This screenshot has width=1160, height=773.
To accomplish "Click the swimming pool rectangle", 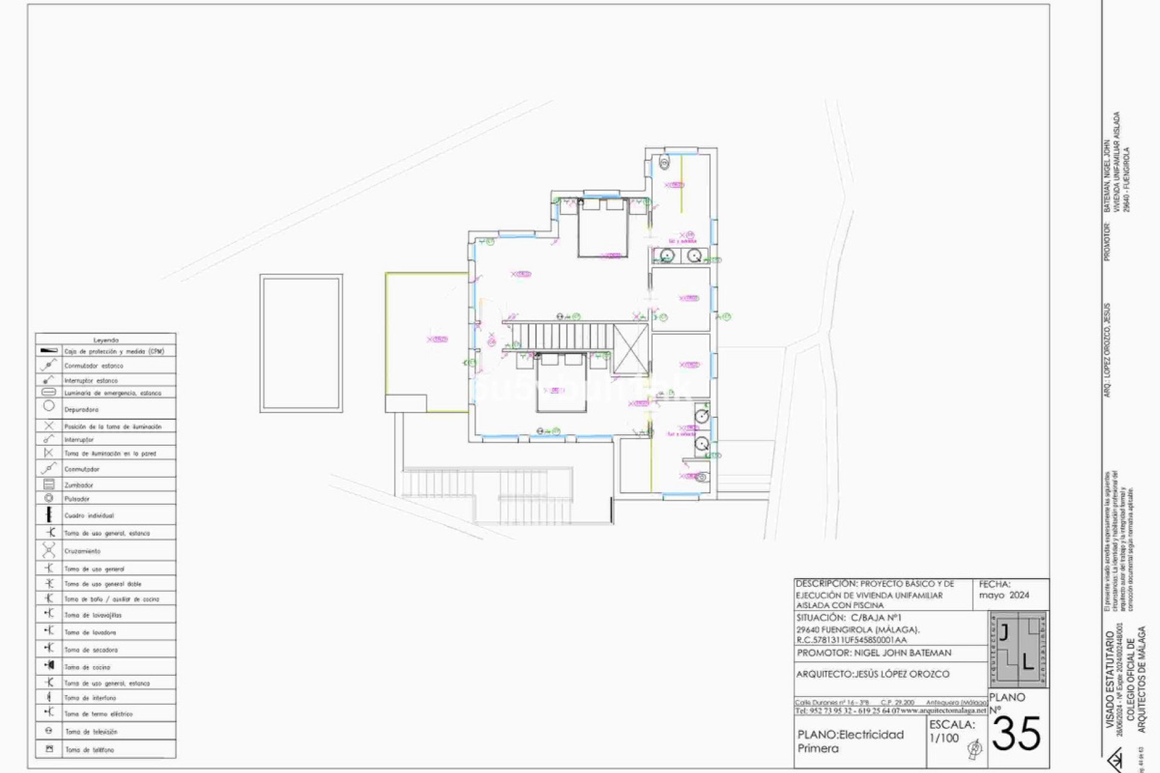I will coord(301,343).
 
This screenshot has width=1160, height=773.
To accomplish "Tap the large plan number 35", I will coord(1016,734).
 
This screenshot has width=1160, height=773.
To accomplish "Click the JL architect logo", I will coord(1019,650).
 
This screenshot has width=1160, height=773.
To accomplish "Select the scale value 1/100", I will coord(944,738).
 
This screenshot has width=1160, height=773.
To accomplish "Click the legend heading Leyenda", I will coord(106,340).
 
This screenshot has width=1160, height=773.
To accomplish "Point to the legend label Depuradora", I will coord(81,409).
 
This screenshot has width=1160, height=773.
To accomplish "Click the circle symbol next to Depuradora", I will coord(49,406).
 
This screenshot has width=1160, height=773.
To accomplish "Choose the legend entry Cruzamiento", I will coord(82,551).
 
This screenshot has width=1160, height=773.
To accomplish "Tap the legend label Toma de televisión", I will coord(91,731).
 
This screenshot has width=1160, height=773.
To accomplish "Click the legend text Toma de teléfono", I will coord(89,749).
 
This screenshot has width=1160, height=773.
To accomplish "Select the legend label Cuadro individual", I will coord(89,516).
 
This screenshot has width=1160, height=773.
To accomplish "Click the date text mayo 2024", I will coord(1004,595).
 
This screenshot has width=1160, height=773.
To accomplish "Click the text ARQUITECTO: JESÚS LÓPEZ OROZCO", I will coord(872,674).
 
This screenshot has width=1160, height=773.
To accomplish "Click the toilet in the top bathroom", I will coord(665,162).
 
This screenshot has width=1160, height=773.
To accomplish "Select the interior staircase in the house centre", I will coord(562,336).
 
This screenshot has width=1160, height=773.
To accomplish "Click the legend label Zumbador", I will coord(79,485).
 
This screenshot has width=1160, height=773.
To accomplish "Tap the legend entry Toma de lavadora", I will coord(90,632).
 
